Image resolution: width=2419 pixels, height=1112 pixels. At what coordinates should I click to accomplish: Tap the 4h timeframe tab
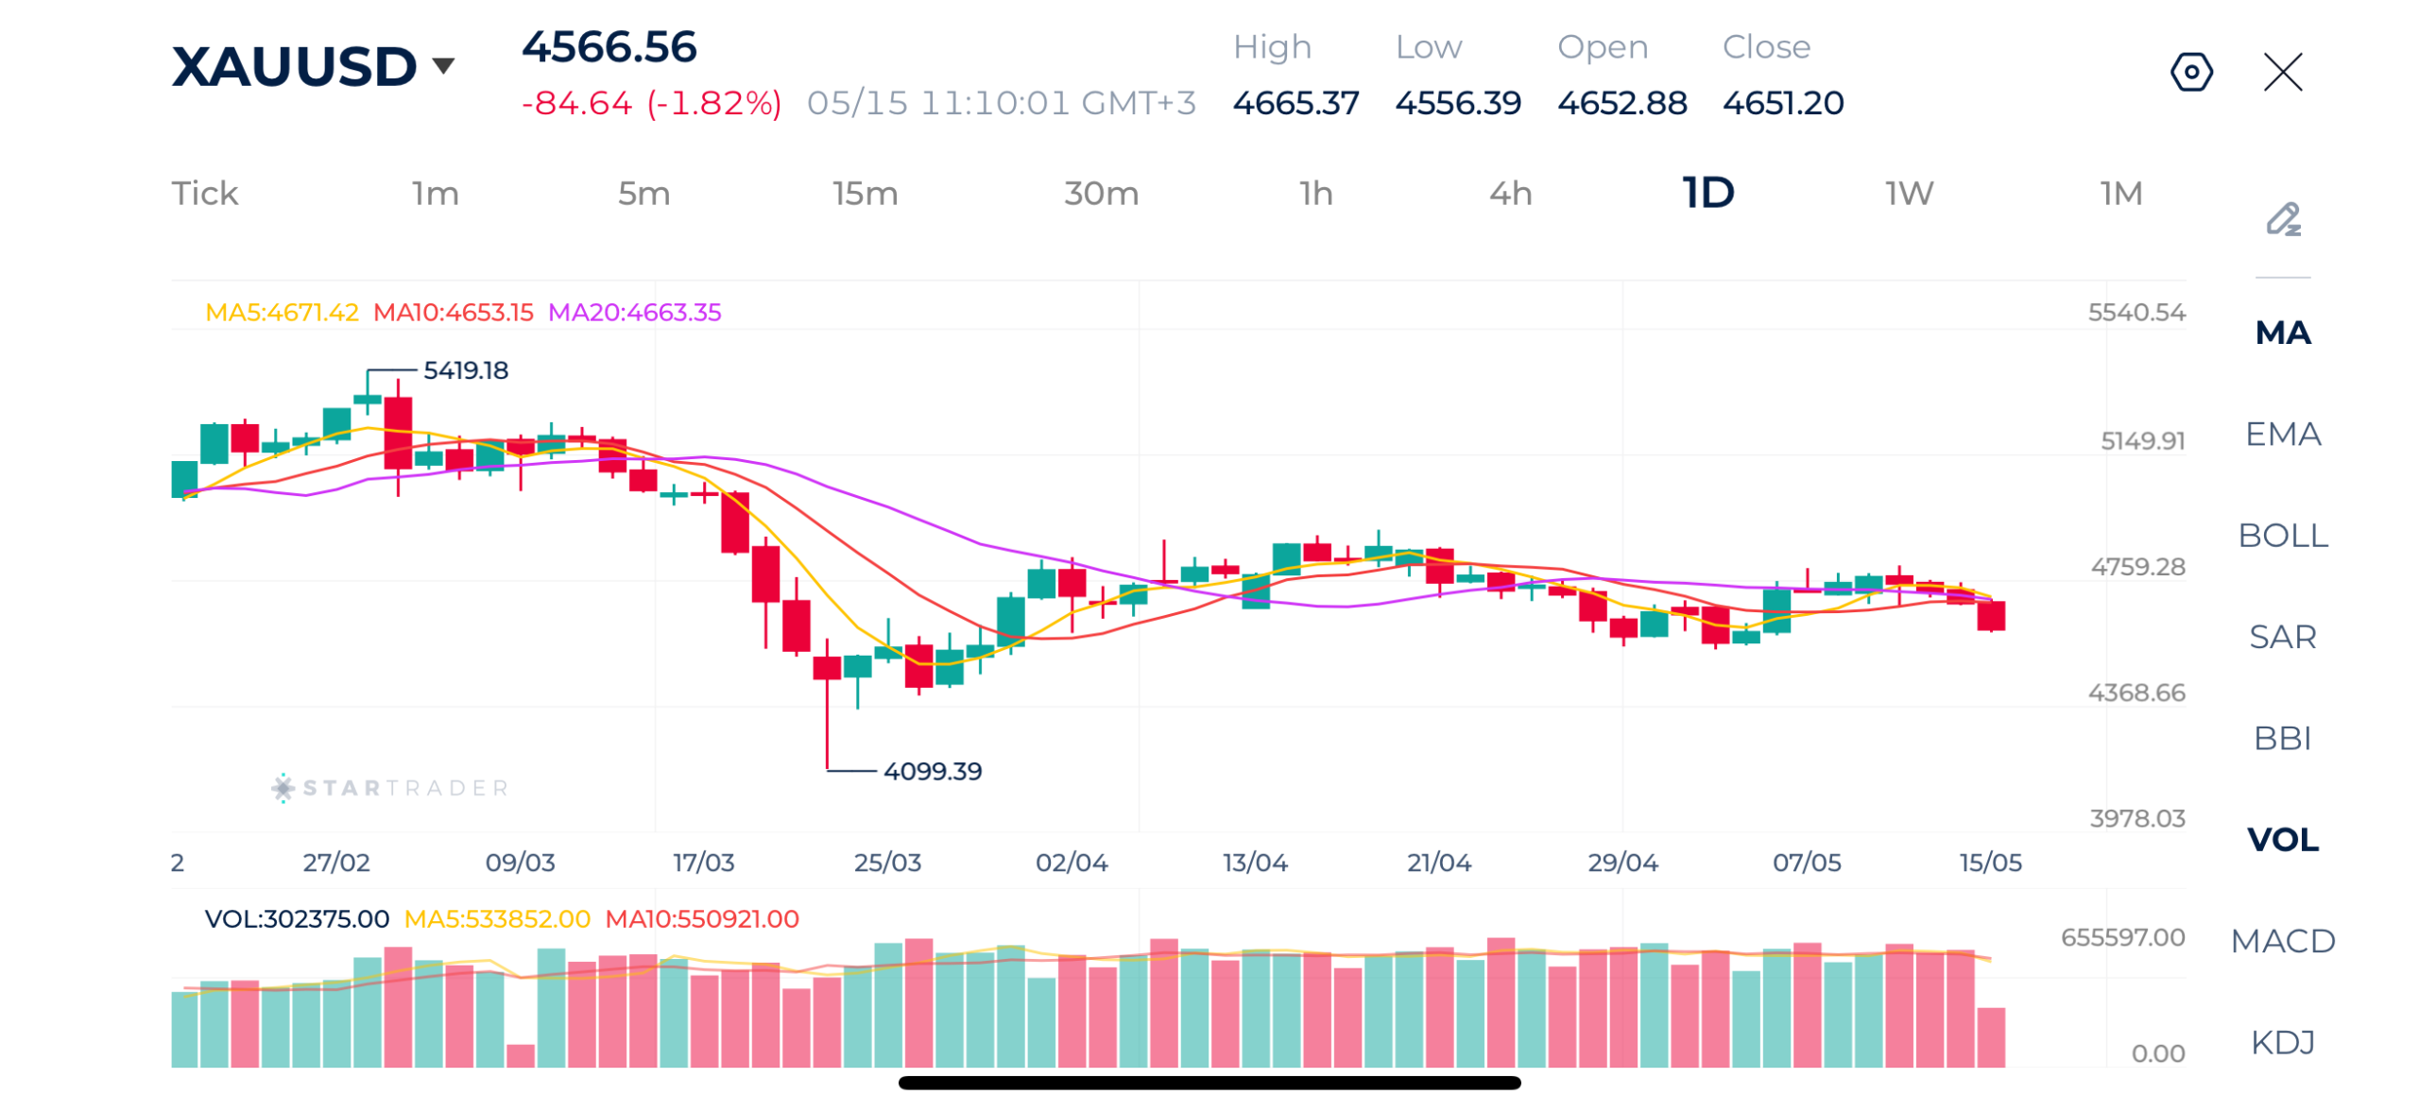tap(1510, 193)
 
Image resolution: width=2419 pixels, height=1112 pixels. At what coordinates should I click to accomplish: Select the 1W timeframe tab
tap(1909, 193)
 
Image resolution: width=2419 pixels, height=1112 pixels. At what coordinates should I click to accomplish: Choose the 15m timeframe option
tap(864, 193)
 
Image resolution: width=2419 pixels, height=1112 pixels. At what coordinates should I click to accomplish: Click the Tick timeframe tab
tap(204, 193)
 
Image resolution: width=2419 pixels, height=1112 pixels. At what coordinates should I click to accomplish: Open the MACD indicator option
tap(2282, 940)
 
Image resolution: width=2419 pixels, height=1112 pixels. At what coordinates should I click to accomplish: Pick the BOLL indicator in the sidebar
tap(2282, 535)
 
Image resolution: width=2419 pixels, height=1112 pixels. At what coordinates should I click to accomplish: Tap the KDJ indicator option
tap(2282, 1041)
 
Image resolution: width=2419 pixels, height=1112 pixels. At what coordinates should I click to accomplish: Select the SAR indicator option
tap(2282, 636)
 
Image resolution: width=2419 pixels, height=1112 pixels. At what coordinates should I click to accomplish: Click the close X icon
tap(2282, 72)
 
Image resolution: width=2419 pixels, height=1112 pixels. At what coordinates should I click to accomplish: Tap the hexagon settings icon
tap(2191, 72)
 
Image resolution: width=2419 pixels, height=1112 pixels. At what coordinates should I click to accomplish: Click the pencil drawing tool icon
tap(2282, 219)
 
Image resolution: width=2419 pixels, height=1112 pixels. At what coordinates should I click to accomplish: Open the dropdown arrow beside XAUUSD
tap(443, 65)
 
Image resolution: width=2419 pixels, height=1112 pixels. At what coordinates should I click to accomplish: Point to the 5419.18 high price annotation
tap(465, 369)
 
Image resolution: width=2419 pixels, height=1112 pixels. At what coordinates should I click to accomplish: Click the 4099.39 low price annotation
tap(932, 770)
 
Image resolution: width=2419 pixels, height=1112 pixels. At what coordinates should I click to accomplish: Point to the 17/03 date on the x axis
tap(703, 862)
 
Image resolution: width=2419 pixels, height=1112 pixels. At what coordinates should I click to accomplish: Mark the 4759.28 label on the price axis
tap(2136, 566)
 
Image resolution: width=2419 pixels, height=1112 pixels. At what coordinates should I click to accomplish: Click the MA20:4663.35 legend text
tap(634, 312)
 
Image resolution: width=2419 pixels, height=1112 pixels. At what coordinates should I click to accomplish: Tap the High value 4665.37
tap(1295, 102)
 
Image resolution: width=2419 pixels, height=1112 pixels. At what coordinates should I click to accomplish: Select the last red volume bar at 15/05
tap(1990, 1036)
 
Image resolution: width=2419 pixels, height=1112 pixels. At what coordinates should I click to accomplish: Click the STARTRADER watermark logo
tap(390, 787)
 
